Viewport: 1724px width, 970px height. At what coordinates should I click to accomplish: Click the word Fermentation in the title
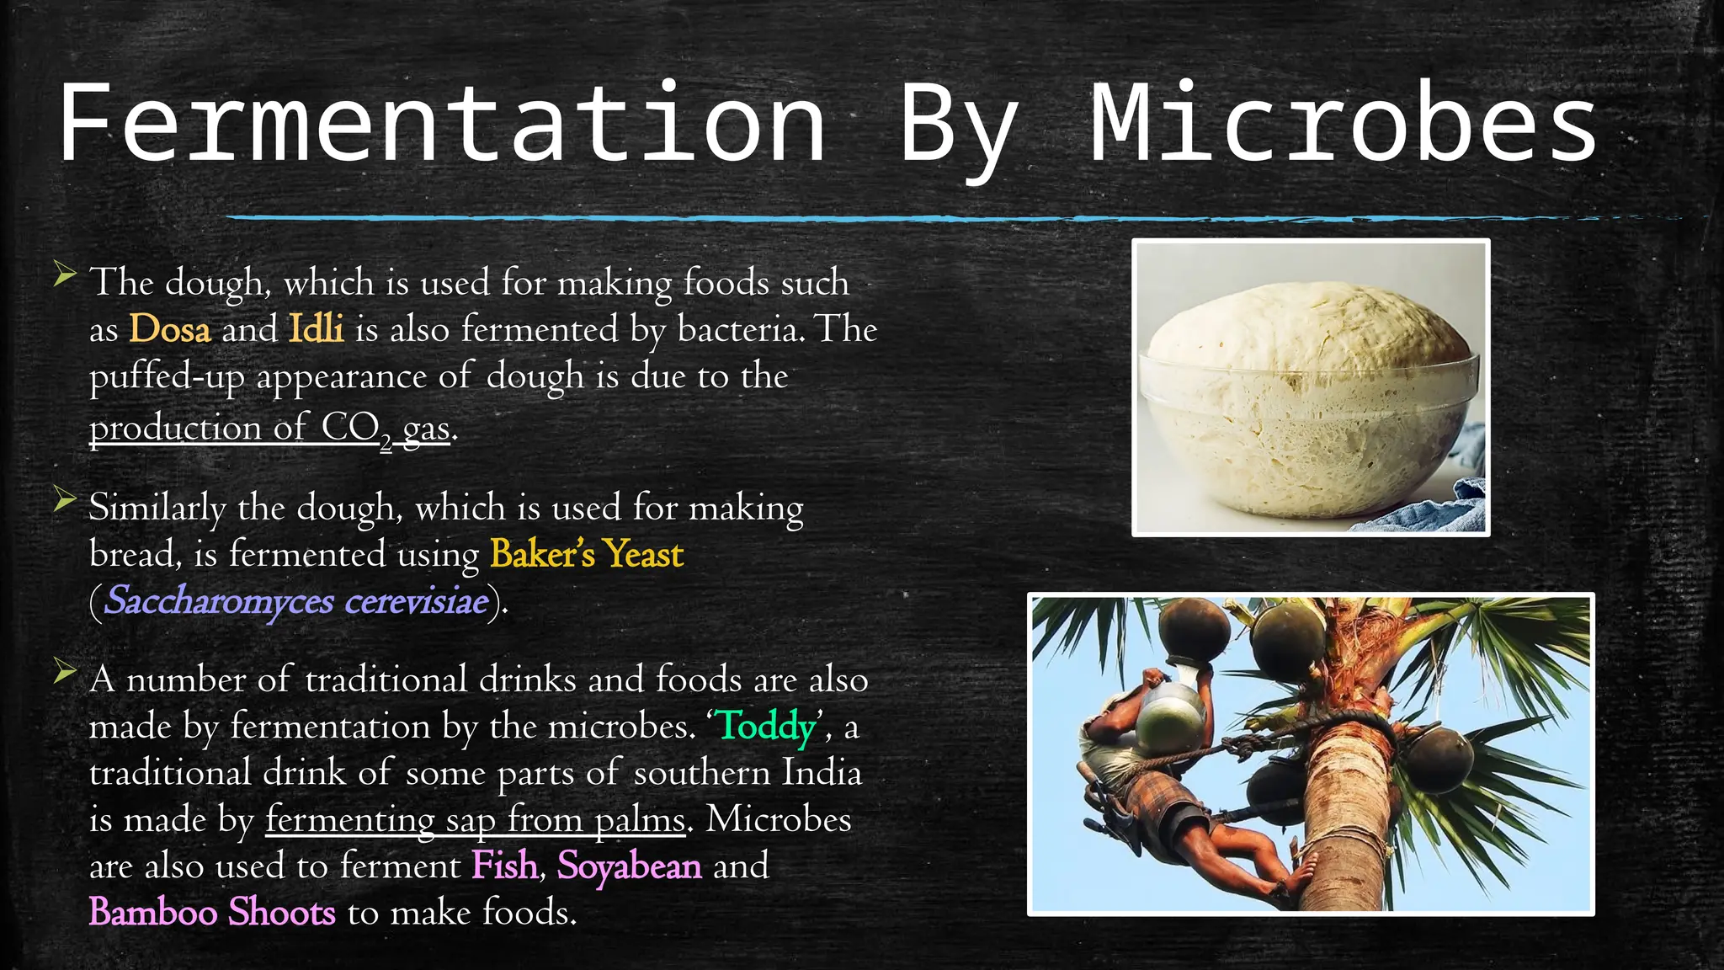point(442,124)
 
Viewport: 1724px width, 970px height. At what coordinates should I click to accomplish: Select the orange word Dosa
point(169,329)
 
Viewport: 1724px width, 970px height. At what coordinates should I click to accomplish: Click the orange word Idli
point(316,328)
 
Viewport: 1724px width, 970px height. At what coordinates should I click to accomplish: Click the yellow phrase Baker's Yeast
point(587,554)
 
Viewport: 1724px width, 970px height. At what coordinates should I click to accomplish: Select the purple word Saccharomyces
point(219,601)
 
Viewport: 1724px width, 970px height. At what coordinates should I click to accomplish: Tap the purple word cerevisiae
point(417,601)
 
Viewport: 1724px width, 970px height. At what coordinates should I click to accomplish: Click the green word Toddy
point(766,726)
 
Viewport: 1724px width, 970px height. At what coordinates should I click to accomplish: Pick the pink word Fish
point(504,866)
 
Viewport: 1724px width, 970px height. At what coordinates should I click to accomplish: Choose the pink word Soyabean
point(629,866)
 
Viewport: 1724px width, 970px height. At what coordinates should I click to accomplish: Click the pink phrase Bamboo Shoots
point(212,913)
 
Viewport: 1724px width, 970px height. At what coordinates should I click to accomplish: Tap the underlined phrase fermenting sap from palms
point(476,820)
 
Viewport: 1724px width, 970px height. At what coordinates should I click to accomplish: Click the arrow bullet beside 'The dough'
point(65,274)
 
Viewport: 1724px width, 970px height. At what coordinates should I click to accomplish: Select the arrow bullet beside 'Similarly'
point(65,499)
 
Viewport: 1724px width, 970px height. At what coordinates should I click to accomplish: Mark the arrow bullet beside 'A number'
point(65,671)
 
